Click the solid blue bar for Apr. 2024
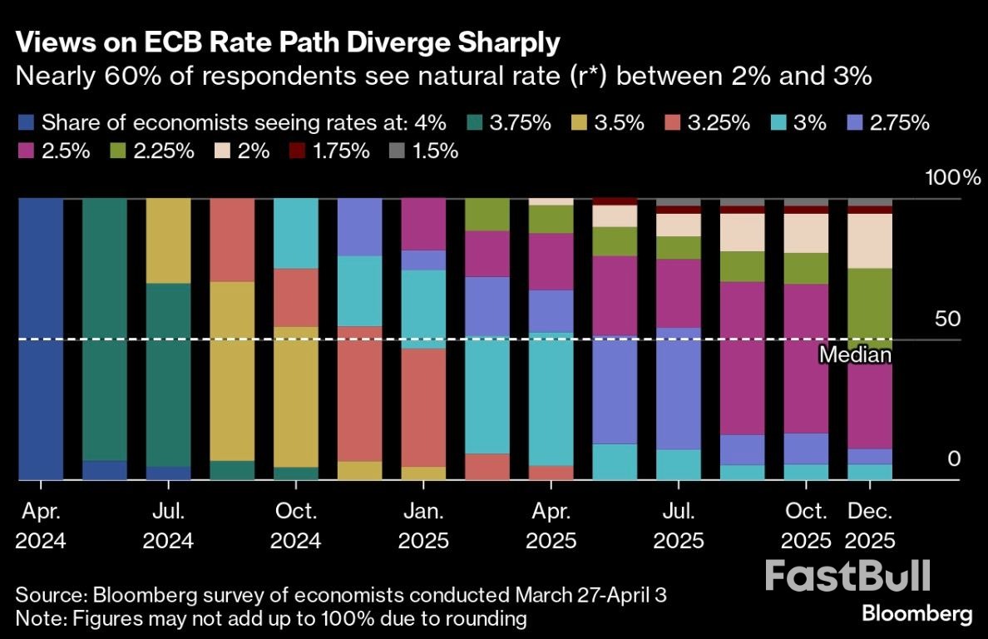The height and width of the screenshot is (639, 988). [x=40, y=339]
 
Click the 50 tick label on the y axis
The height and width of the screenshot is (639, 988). [x=946, y=319]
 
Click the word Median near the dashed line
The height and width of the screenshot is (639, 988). [x=855, y=355]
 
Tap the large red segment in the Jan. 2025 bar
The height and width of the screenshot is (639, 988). [x=423, y=408]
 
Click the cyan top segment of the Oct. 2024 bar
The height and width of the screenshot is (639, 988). [x=296, y=234]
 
